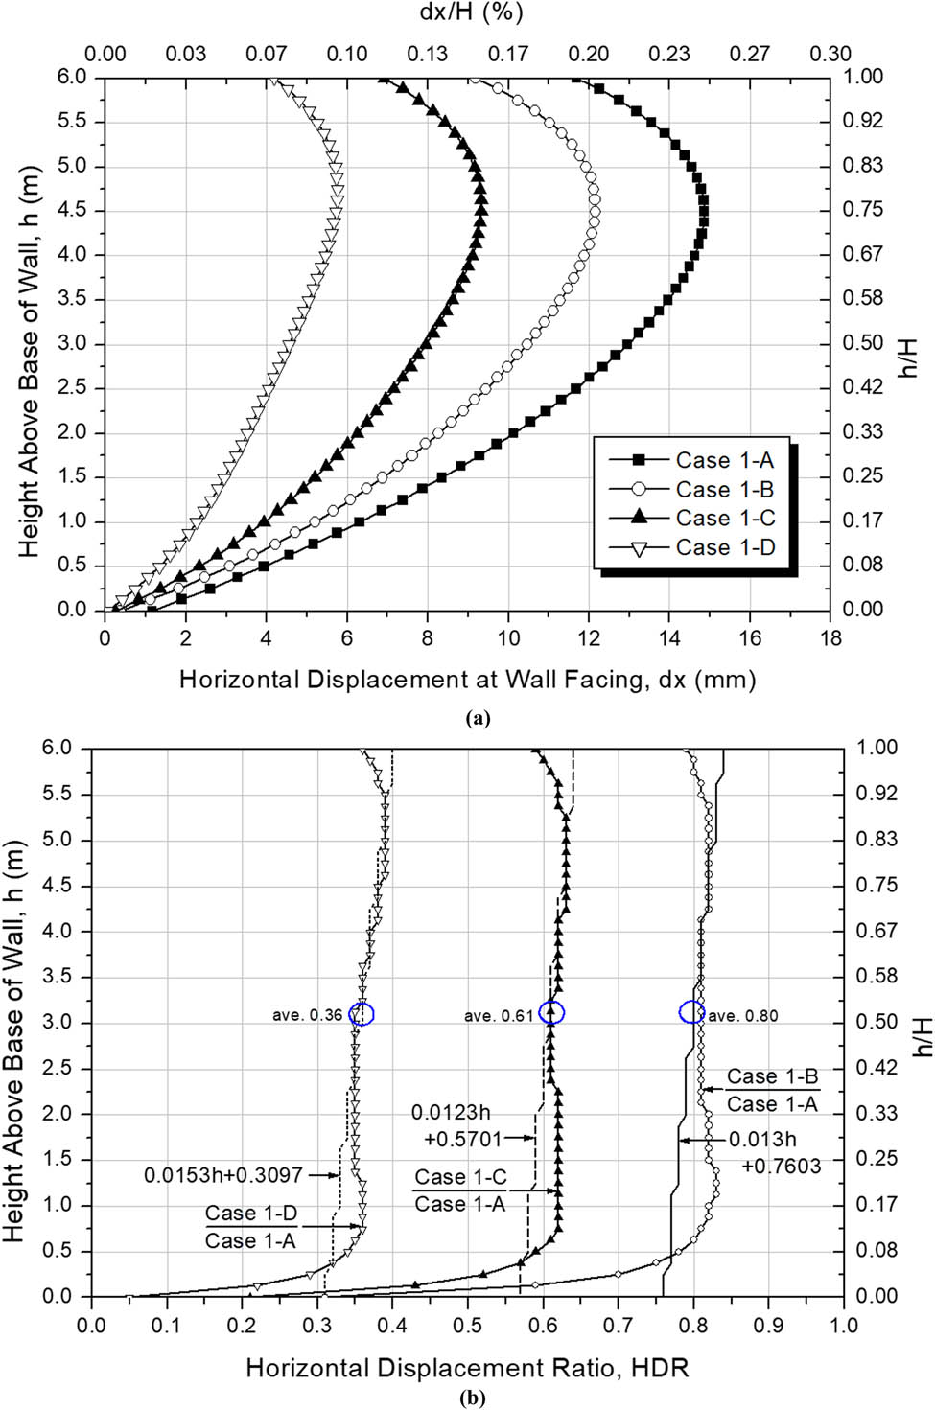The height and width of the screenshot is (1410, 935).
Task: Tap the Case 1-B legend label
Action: coord(725,490)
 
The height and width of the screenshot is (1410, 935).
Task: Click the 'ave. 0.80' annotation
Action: coord(743,1016)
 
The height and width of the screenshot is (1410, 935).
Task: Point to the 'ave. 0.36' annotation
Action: coord(307,1016)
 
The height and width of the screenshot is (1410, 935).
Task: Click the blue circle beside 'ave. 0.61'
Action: coord(552,1012)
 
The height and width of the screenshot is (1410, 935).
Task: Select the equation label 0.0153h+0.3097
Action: coord(222,1175)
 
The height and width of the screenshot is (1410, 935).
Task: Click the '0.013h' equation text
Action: coord(763,1140)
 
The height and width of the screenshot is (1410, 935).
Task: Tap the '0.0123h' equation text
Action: coord(451,1113)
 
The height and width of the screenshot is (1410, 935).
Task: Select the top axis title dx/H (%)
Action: coord(471,12)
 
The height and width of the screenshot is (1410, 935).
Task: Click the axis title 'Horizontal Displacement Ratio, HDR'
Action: coord(467,1368)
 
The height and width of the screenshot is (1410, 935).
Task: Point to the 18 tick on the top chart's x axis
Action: coord(830,638)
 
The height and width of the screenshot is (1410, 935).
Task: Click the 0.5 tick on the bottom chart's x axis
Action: coord(467,1326)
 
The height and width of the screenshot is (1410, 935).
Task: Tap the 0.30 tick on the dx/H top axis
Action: coord(830,54)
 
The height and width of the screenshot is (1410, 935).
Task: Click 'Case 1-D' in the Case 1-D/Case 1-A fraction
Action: coord(251,1214)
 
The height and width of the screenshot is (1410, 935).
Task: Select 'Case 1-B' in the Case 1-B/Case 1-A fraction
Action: coord(772,1076)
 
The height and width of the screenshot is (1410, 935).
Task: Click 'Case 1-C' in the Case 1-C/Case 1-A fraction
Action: coord(460,1177)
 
